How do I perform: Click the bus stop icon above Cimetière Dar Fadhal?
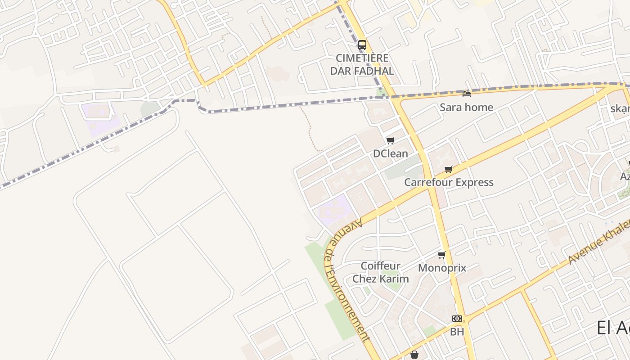pyautogui.click(x=362, y=45)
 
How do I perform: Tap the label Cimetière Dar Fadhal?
pyautogui.click(x=362, y=64)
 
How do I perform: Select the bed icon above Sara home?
pyautogui.click(x=467, y=94)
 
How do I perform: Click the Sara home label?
pyautogui.click(x=466, y=107)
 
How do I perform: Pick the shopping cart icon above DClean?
pyautogui.click(x=390, y=140)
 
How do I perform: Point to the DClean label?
pyautogui.click(x=390, y=153)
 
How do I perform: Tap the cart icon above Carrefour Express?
pyautogui.click(x=448, y=169)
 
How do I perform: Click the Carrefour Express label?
pyautogui.click(x=449, y=182)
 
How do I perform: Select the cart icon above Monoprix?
pyautogui.click(x=441, y=255)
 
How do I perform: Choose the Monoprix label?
pyautogui.click(x=442, y=268)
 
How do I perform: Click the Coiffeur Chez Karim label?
pyautogui.click(x=380, y=272)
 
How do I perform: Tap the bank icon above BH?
pyautogui.click(x=457, y=319)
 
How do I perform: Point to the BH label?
pyautogui.click(x=457, y=332)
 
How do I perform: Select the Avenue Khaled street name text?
pyautogui.click(x=598, y=243)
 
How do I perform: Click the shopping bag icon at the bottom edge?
pyautogui.click(x=414, y=355)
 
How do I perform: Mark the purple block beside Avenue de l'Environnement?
pyautogui.click(x=334, y=209)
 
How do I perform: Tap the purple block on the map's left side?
pyautogui.click(x=100, y=117)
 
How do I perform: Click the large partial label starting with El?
pyautogui.click(x=613, y=328)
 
